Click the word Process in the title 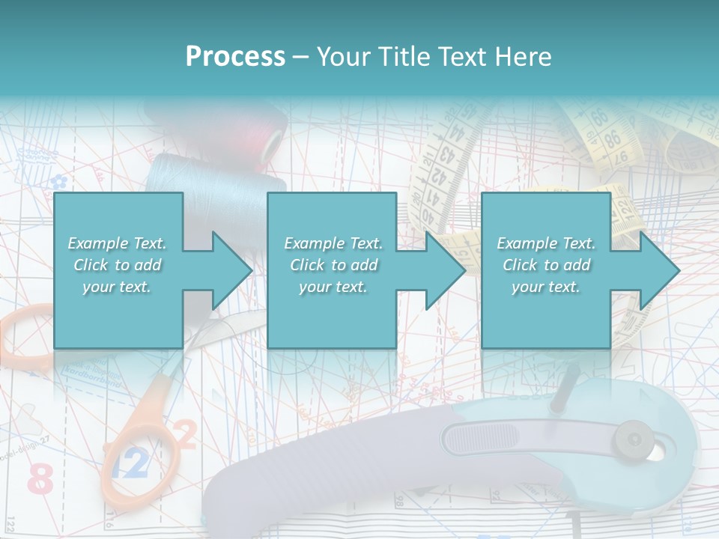[x=235, y=56]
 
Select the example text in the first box [x=117, y=265]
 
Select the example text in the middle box [x=333, y=265]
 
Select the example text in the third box [x=546, y=265]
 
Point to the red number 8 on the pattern [x=40, y=479]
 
